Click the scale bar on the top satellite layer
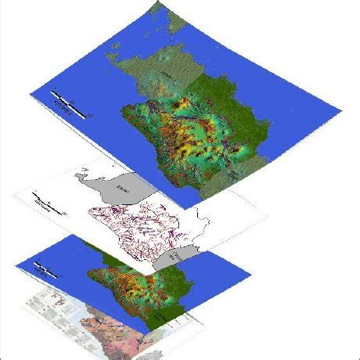click(70, 105)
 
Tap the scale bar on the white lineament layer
click(47, 205)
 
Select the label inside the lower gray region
click(178, 257)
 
